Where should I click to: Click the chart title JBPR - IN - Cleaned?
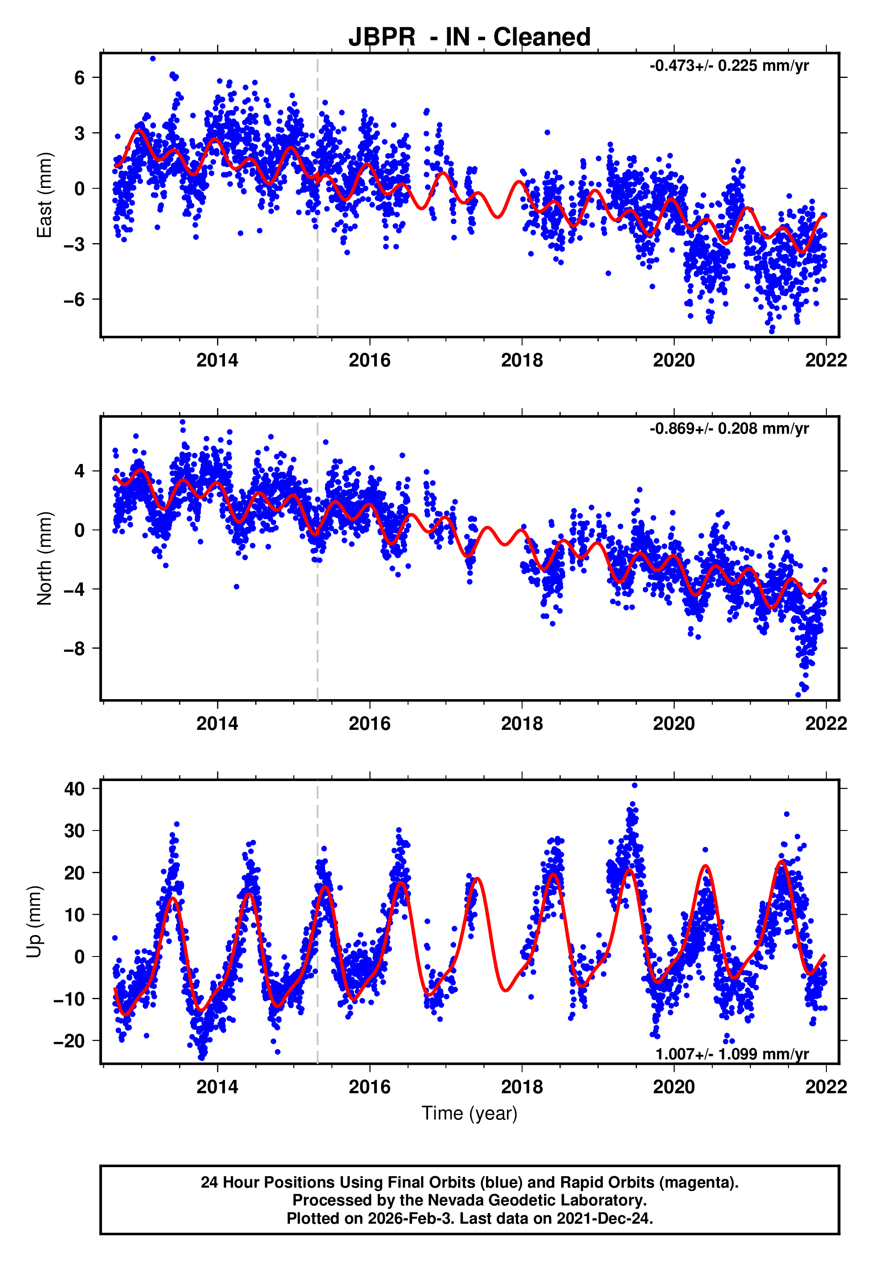click(x=470, y=37)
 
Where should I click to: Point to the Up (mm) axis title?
click(x=34, y=922)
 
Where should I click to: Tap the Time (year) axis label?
click(x=470, y=1113)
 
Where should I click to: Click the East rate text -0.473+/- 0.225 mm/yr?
click(x=729, y=66)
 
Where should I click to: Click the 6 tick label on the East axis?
click(x=80, y=78)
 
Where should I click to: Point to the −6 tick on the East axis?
click(x=74, y=300)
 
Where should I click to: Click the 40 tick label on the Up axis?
click(x=74, y=789)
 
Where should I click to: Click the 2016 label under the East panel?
click(x=370, y=361)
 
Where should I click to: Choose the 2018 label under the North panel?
click(x=522, y=724)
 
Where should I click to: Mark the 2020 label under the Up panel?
click(x=674, y=1087)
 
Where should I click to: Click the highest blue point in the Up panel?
click(x=635, y=786)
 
